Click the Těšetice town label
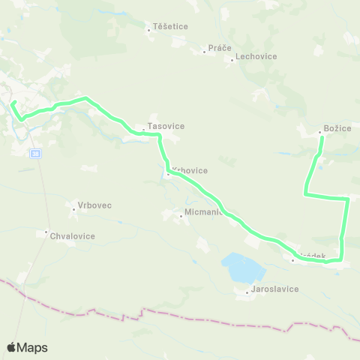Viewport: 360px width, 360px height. pyautogui.click(x=170, y=26)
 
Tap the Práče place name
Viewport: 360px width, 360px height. pyautogui.click(x=220, y=48)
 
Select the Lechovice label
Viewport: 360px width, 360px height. pyautogui.click(x=256, y=56)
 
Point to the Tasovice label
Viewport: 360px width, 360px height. pyautogui.click(x=166, y=126)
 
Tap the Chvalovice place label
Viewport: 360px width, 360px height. pyautogui.click(x=73, y=235)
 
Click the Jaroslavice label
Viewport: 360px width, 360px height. pyautogui.click(x=275, y=289)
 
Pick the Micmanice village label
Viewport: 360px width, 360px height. pyautogui.click(x=202, y=212)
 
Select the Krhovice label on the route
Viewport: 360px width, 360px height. pyautogui.click(x=190, y=170)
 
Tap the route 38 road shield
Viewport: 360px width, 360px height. pyautogui.click(x=35, y=153)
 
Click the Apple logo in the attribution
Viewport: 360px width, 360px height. pyautogui.click(x=11, y=347)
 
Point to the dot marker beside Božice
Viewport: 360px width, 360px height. pyautogui.click(x=320, y=133)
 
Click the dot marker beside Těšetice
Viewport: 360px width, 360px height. pyautogui.click(x=148, y=31)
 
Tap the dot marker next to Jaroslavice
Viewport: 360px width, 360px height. pyautogui.click(x=247, y=292)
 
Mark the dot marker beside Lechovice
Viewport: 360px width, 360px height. pyautogui.click(x=232, y=60)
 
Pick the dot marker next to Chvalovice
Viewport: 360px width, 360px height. pyautogui.click(x=46, y=231)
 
